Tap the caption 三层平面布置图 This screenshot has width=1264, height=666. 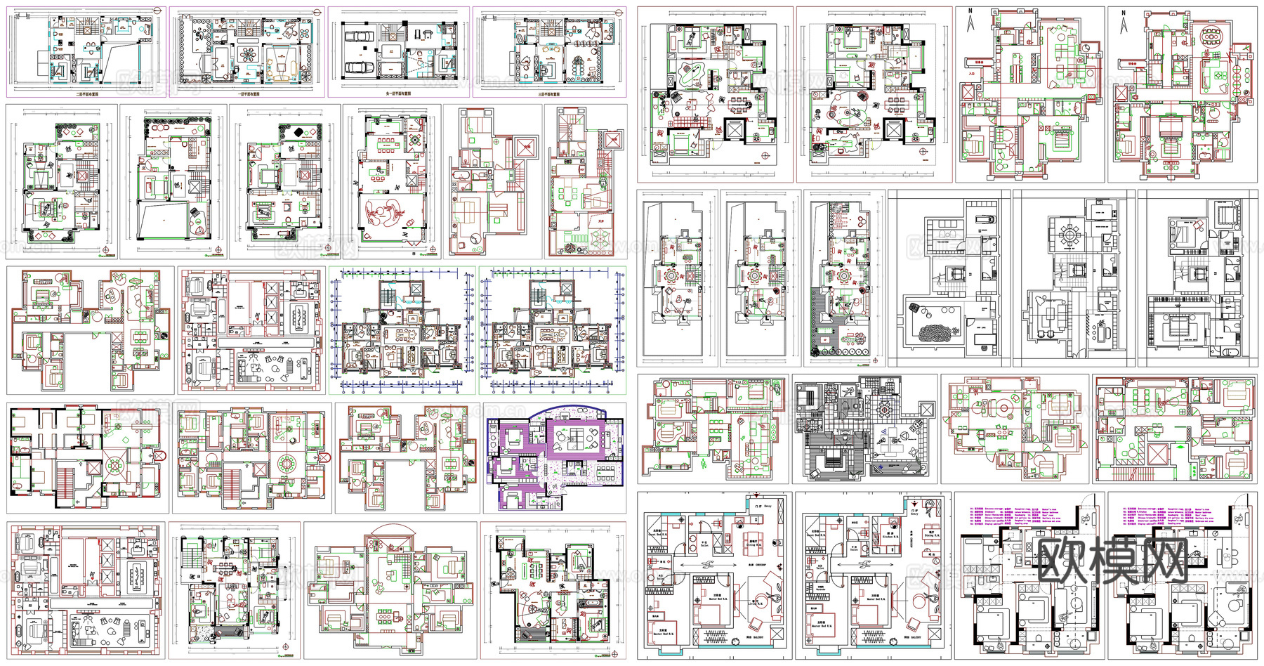549,93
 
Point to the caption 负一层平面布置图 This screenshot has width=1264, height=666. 398,93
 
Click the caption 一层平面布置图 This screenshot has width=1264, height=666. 249,93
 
